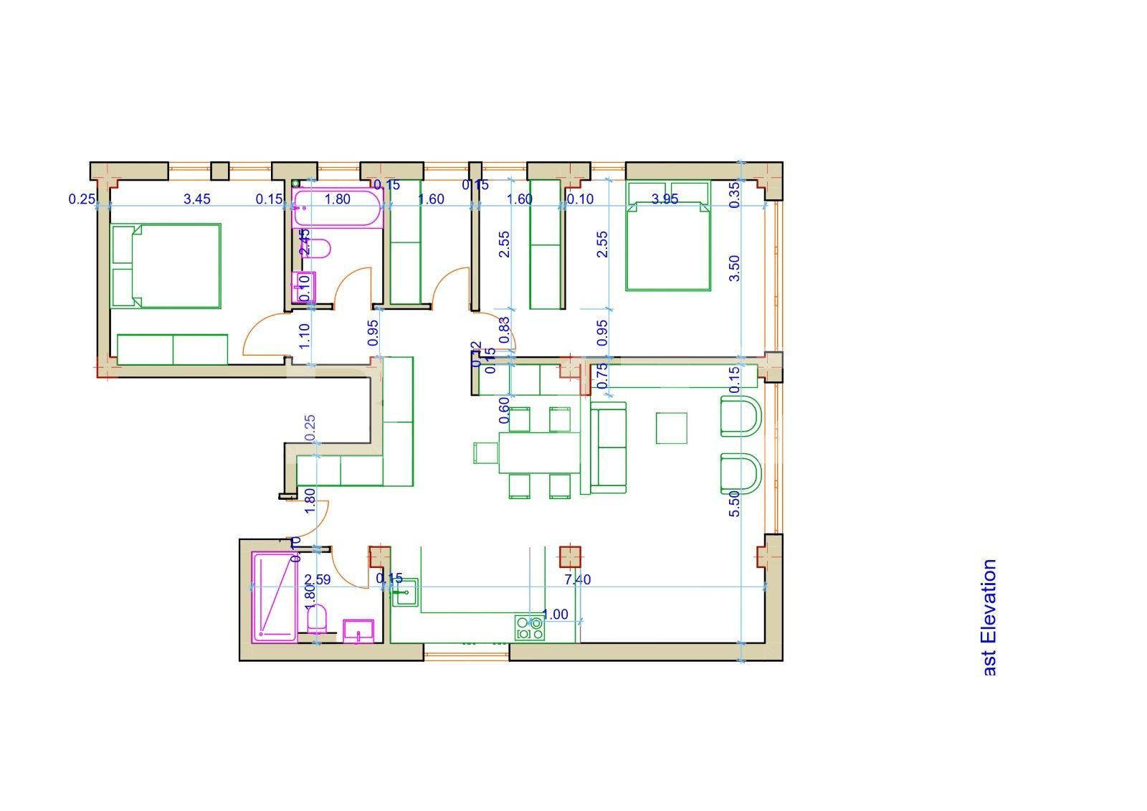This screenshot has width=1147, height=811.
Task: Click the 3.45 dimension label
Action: tap(197, 199)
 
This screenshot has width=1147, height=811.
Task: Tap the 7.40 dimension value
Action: tap(577, 580)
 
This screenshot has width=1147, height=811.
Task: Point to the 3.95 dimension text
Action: tap(665, 199)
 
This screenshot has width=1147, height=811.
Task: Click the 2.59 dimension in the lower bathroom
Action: tap(318, 580)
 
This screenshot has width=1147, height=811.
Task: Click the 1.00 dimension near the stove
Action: tap(555, 615)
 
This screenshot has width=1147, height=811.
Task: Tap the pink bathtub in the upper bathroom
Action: tap(338, 209)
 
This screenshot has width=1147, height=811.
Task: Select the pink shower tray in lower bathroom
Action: tap(274, 597)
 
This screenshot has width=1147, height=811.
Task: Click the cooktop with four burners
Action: tap(529, 629)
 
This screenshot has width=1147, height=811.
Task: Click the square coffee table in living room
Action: tap(671, 428)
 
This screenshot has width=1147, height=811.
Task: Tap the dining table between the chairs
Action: tap(539, 452)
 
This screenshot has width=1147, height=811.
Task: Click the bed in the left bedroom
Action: tap(166, 265)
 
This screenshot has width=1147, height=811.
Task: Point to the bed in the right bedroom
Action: tap(668, 245)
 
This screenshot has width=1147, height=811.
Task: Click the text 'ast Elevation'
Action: tap(989, 617)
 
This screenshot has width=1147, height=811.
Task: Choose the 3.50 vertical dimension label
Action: tap(734, 268)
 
